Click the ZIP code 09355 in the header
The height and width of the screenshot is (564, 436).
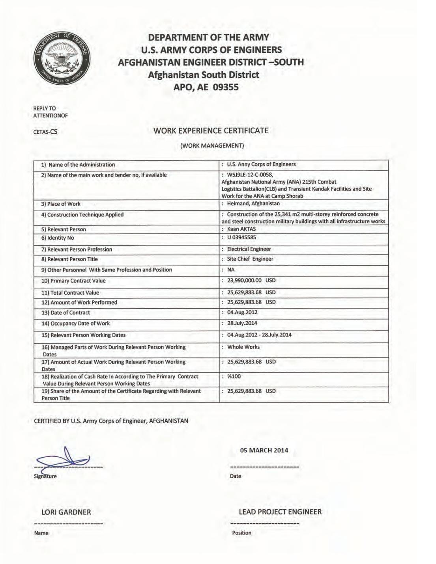point(226,87)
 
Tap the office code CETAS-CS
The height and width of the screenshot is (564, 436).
point(45,132)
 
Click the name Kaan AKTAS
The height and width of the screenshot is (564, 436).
point(241,229)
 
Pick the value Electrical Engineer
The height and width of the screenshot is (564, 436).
point(249,249)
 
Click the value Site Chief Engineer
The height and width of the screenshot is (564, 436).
point(250,259)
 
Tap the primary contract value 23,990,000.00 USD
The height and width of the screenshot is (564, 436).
point(251,281)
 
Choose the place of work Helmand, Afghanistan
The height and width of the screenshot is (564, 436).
point(253,204)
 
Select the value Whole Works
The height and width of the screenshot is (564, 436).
point(243,347)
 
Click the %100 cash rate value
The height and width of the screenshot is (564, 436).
point(234,376)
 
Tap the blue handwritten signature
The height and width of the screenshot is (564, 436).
point(63,460)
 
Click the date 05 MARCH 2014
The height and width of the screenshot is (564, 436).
point(264,450)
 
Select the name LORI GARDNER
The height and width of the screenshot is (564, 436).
point(66,512)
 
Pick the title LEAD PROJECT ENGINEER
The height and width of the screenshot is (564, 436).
point(280,512)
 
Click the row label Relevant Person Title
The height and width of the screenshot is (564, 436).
point(73,259)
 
